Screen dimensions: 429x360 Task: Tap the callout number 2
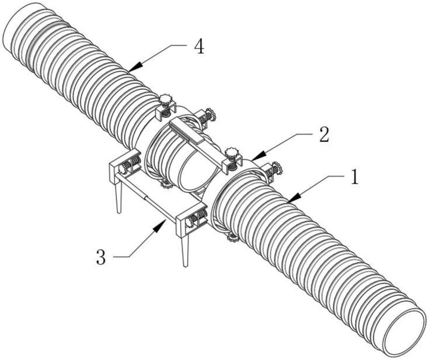tap(324, 135)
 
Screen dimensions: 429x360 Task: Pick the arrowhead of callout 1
tap(294, 198)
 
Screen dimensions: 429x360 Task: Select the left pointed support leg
tap(118, 194)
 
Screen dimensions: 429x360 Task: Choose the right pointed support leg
tap(184, 250)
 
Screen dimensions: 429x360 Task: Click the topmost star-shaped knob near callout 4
tap(165, 99)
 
